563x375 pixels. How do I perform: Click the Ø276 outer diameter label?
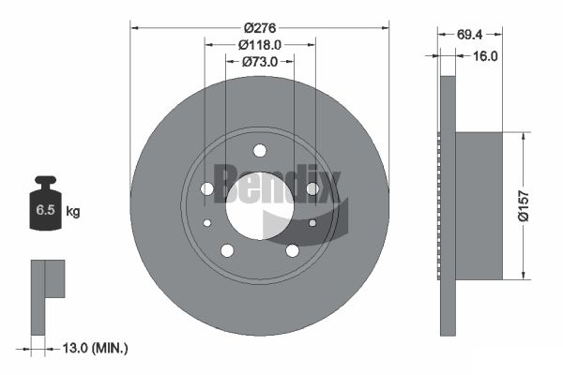260,27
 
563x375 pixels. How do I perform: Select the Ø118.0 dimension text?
260,45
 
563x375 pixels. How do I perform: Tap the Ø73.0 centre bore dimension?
260,62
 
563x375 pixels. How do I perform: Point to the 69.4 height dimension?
470,35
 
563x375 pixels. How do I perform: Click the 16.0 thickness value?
485,56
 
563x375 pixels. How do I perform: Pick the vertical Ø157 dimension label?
524,206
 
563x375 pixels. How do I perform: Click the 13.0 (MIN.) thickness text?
95,348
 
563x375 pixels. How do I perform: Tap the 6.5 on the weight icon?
45,210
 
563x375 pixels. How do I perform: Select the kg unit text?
73,211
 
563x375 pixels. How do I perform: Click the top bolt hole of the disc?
260,151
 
